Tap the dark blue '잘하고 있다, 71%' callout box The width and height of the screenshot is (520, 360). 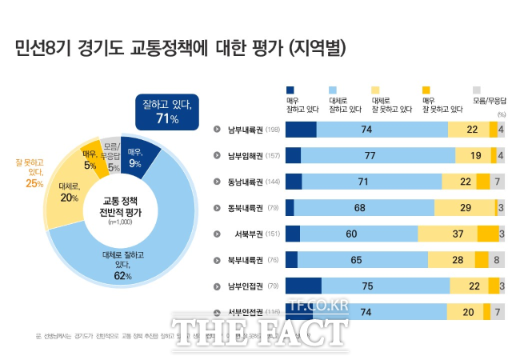pyautogui.click(x=166, y=111)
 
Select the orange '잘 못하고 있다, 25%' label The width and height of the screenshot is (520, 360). pyautogui.click(x=30, y=172)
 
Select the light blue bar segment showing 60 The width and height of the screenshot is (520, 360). pyautogui.click(x=358, y=234)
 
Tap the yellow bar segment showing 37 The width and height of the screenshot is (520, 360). pyautogui.click(x=447, y=234)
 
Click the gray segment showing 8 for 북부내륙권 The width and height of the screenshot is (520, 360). pyautogui.click(x=497, y=260)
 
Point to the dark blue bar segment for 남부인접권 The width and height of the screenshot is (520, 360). pyautogui.click(x=303, y=286)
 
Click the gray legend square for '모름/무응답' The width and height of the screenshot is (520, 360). pyautogui.click(x=477, y=90)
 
